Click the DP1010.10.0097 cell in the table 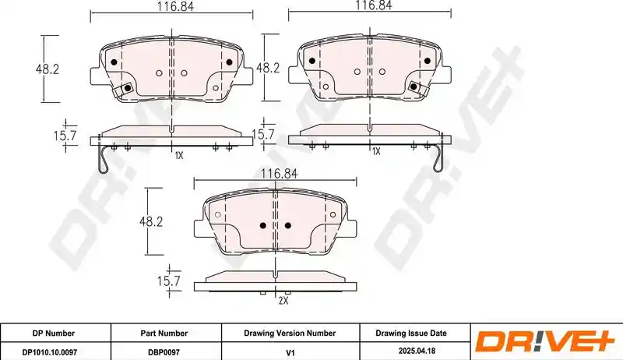pos(50,351)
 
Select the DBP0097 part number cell pos(164,351)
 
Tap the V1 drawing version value pos(290,351)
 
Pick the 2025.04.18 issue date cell pos(417,351)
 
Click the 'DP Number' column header pos(53,334)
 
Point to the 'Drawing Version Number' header pos(290,334)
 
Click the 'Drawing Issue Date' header pos(411,333)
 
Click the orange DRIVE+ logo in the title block pos(545,341)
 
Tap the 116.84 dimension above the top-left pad pos(175,6)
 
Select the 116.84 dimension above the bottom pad pos(279,173)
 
